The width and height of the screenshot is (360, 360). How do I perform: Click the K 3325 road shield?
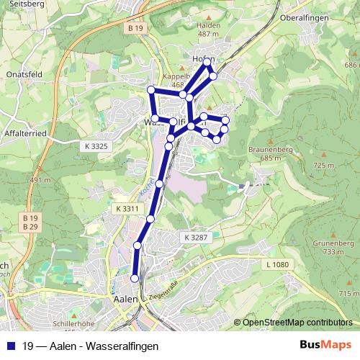click(x=96, y=146)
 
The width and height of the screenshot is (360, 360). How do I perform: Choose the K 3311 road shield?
click(x=126, y=209)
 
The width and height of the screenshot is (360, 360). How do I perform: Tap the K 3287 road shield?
click(x=195, y=237)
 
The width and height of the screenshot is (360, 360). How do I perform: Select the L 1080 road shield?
click(x=276, y=265)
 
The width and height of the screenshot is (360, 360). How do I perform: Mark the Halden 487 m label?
click(x=208, y=29)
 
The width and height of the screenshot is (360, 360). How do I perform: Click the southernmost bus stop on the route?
click(x=134, y=279)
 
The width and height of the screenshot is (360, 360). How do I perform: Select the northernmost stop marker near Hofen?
click(x=207, y=63)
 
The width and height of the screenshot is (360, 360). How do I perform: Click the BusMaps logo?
click(x=325, y=346)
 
